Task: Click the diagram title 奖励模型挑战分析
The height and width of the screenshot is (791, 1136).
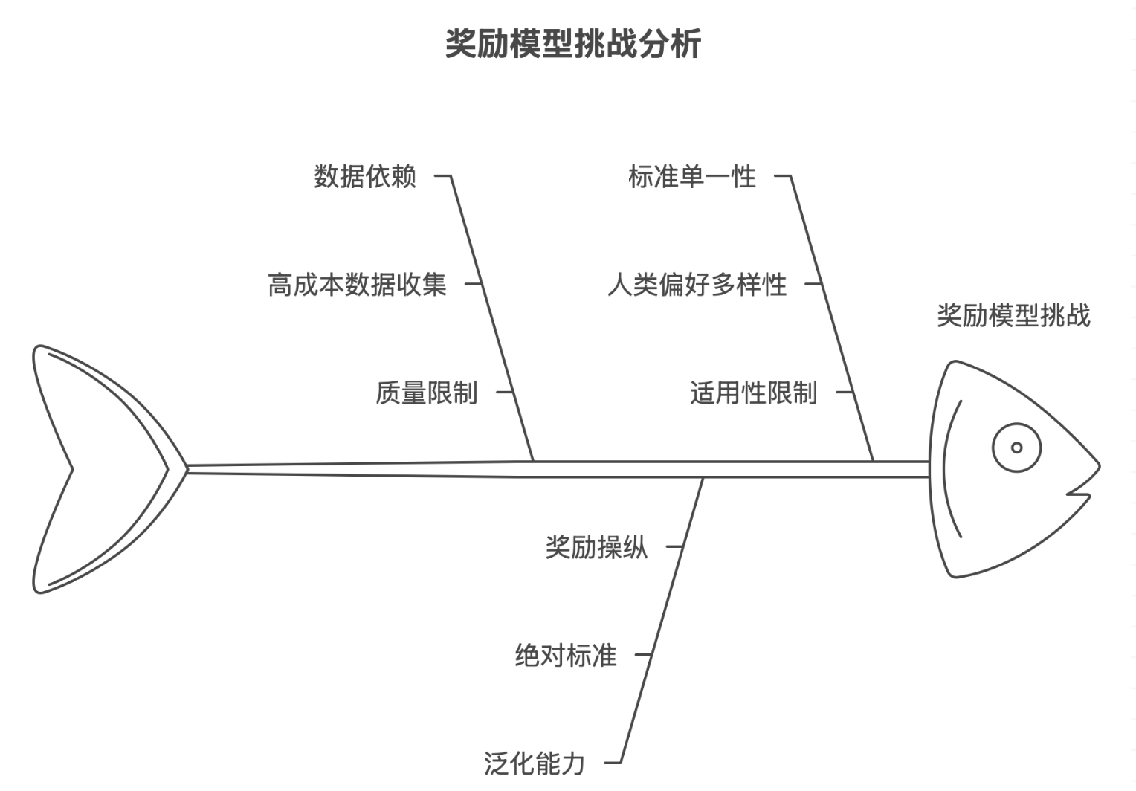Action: click(573, 44)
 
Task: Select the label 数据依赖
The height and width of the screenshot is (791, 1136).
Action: click(365, 177)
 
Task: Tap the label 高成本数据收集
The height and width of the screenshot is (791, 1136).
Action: click(358, 285)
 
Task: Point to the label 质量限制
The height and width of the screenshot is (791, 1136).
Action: click(426, 393)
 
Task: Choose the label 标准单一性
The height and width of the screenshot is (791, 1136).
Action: click(692, 177)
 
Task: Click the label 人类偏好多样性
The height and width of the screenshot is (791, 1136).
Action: click(697, 285)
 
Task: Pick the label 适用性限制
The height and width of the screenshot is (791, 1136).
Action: click(753, 393)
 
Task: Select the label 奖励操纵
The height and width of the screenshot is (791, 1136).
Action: click(596, 548)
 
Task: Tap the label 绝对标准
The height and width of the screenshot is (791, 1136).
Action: click(566, 656)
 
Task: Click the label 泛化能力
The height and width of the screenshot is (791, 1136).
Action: click(535, 763)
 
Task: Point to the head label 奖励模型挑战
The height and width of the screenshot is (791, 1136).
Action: click(1013, 316)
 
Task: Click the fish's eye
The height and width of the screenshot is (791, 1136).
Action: click(1016, 448)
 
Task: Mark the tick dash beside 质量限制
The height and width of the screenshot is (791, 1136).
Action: click(505, 392)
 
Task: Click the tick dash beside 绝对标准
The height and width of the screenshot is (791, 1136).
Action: click(642, 656)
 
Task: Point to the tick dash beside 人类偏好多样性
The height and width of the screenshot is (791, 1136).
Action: click(814, 284)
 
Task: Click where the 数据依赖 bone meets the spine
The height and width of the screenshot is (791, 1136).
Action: click(533, 462)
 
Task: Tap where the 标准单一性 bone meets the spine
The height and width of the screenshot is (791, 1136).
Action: click(873, 462)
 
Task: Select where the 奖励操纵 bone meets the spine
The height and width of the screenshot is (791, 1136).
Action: click(703, 478)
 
